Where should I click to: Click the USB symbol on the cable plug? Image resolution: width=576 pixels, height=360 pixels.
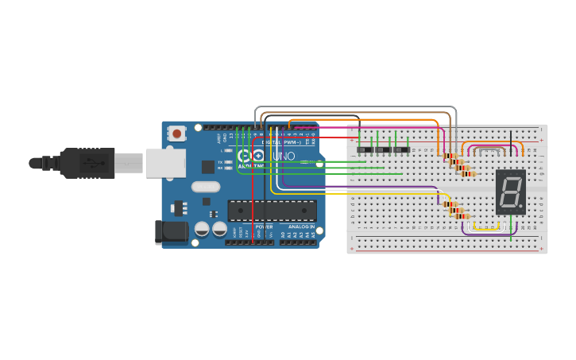[x=94, y=163]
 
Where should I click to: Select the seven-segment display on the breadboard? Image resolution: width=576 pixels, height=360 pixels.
[x=510, y=192]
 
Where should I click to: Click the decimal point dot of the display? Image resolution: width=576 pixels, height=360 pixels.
[x=521, y=206]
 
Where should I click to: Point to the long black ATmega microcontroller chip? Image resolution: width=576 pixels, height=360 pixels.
[x=272, y=210]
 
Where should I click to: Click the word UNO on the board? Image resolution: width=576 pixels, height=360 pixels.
[x=284, y=156]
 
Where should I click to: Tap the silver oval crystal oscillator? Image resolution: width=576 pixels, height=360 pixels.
[x=205, y=187]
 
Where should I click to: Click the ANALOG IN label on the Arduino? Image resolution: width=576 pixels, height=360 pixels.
[x=300, y=226]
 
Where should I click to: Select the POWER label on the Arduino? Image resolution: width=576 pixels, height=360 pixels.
[x=265, y=226]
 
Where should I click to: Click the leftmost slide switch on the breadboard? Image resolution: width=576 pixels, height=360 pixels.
[x=365, y=149]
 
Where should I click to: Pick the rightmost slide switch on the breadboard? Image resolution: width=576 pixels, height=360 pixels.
[x=402, y=149]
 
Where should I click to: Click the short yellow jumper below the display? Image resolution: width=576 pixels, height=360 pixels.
[x=485, y=229]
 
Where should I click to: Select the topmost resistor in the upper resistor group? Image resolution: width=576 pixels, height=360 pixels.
[x=450, y=157]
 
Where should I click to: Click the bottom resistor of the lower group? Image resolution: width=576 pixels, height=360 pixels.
[x=462, y=216]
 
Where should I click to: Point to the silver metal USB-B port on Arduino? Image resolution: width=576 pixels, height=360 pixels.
[x=164, y=163]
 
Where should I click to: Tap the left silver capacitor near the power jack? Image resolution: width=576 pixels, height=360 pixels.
[x=202, y=229]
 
